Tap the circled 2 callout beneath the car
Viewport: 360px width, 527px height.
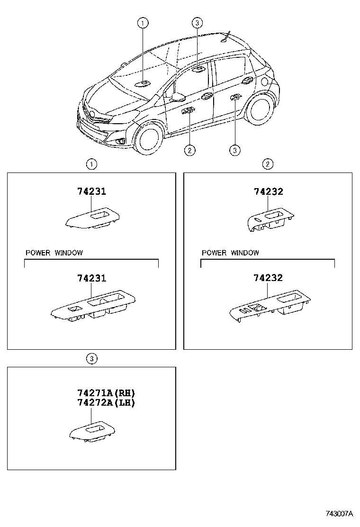point(189,151)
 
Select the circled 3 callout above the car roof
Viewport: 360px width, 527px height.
point(198,22)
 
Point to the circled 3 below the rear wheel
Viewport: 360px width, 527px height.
point(234,151)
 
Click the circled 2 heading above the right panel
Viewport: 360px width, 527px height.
point(268,164)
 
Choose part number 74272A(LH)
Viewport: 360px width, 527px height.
point(106,403)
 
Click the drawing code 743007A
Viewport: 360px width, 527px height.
point(339,514)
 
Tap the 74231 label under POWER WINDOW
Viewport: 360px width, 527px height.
point(91,278)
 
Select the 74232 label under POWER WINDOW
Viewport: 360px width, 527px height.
point(268,278)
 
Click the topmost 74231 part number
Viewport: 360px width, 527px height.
point(91,191)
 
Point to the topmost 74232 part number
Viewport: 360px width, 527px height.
point(268,191)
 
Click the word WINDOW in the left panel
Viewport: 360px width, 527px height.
point(68,253)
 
